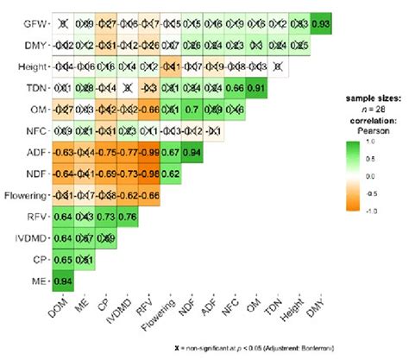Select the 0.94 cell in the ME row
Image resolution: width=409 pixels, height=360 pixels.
click(x=63, y=280)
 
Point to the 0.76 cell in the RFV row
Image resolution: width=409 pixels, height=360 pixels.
click(x=128, y=215)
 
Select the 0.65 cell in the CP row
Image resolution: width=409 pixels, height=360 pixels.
click(x=63, y=258)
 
